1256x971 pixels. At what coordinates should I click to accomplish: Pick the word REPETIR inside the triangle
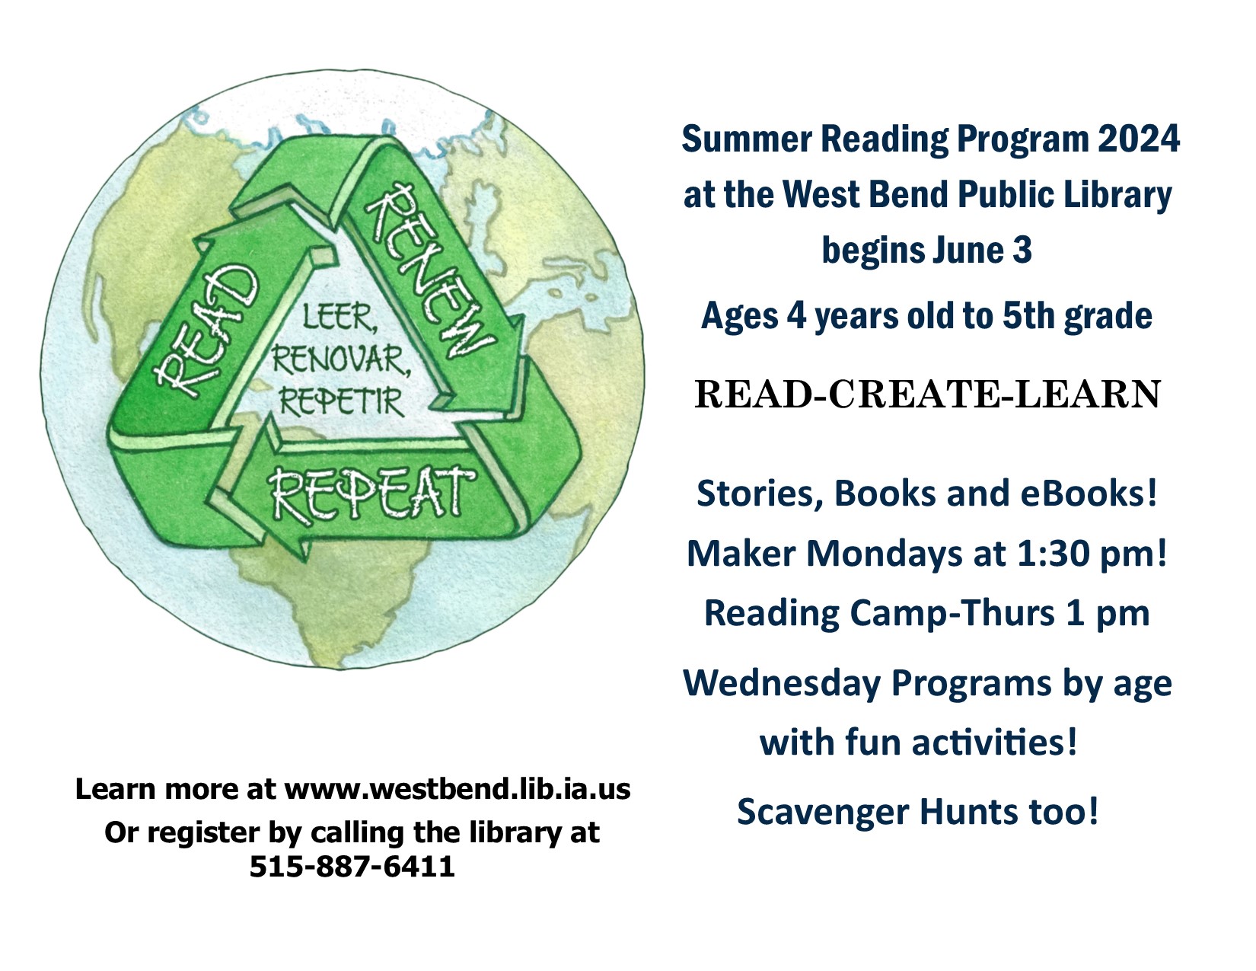tap(341, 400)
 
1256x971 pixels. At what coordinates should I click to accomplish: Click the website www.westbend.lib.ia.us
tap(457, 789)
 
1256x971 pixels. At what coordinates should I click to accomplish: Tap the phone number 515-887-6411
tap(352, 867)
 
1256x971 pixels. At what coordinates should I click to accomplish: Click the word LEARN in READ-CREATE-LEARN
tap(1088, 394)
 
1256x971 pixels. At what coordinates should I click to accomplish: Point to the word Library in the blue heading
tap(1117, 195)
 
